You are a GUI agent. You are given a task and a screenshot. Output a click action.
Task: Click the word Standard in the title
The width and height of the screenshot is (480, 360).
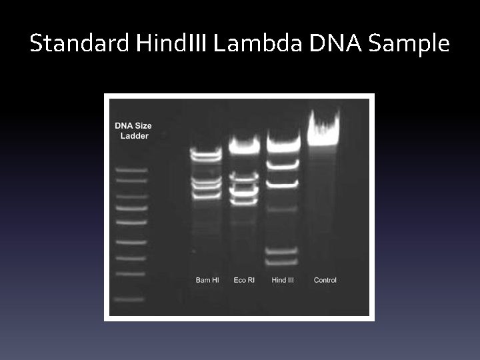coord(79,44)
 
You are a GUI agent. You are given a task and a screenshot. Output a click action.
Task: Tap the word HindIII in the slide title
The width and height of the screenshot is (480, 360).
coord(171,44)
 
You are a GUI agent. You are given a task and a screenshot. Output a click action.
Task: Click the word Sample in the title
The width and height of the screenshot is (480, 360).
coord(409,44)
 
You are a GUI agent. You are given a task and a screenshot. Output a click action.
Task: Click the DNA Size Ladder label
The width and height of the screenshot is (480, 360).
coord(132,130)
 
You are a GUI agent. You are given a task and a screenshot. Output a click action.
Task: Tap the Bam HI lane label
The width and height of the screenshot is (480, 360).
coord(207,280)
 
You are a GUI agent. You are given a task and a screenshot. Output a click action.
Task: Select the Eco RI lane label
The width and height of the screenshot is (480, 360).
coord(244,280)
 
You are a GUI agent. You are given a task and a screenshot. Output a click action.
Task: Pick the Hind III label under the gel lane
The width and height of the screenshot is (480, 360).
coord(283,280)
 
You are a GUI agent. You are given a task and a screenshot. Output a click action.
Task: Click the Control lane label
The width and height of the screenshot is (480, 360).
coord(325,280)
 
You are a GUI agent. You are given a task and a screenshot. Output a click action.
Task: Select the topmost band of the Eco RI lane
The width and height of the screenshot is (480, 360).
coord(244,143)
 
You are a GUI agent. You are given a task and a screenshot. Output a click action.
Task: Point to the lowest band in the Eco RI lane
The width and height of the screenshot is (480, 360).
coord(244,200)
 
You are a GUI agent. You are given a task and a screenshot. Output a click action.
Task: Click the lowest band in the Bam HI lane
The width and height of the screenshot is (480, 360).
coord(207,196)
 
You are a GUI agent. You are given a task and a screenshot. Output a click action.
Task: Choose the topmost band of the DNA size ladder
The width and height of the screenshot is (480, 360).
coord(131,170)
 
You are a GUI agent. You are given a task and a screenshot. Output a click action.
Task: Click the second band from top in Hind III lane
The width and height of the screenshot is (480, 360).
coord(282,162)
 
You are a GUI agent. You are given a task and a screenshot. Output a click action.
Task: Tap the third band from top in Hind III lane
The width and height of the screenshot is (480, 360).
coord(282,183)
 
